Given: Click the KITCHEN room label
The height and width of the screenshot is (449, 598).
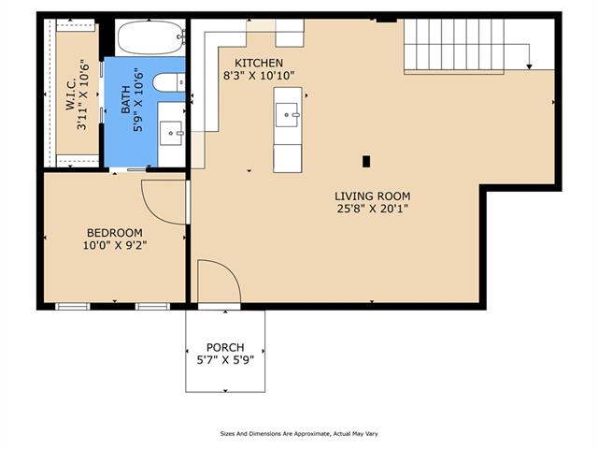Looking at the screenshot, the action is point(259,63).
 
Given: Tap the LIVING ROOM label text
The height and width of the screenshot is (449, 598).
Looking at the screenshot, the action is point(373,196).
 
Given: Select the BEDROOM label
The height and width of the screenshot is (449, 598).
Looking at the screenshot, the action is point(115,233).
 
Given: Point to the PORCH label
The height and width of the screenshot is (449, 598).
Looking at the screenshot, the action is point(225,347).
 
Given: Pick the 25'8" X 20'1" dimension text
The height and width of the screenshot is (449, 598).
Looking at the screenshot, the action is point(373,209).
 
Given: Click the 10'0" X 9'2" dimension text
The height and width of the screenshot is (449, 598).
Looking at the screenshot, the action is point(115,245).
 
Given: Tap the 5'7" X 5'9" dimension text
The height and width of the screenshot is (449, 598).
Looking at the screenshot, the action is point(225,359).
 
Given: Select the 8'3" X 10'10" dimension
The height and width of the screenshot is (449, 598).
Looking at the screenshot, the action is point(259,76).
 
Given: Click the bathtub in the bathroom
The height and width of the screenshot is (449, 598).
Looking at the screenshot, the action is point(151,37).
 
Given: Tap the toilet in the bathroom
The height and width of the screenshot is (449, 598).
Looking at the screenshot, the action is point(168,82).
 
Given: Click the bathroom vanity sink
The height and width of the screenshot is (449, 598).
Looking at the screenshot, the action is point(171,133).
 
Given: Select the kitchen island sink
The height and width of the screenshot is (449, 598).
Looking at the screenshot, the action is point(287,115).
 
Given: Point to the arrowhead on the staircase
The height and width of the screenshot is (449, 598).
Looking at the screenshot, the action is point(530,66).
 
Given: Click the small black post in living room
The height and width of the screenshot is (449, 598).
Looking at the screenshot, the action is point(366,162).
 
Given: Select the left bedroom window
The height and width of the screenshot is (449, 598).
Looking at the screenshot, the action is point(73,306).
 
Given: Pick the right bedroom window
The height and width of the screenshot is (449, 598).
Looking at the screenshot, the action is point(153,306).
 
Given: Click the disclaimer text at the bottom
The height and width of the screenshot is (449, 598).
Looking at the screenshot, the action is point(299,434).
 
